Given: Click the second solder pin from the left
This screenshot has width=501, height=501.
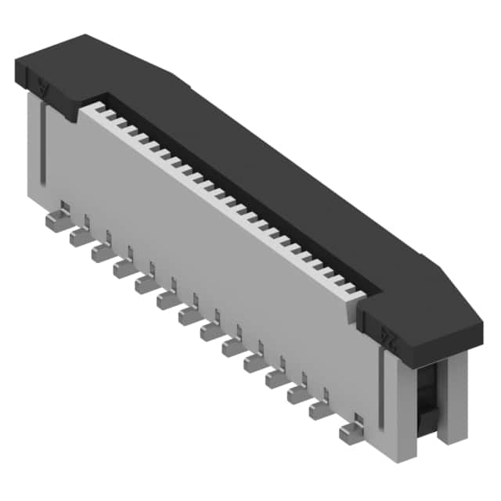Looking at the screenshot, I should point(80,236).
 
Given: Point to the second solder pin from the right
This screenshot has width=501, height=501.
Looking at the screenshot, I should point(321,409).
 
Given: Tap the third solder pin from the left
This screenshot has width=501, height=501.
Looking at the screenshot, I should point(102,252).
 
